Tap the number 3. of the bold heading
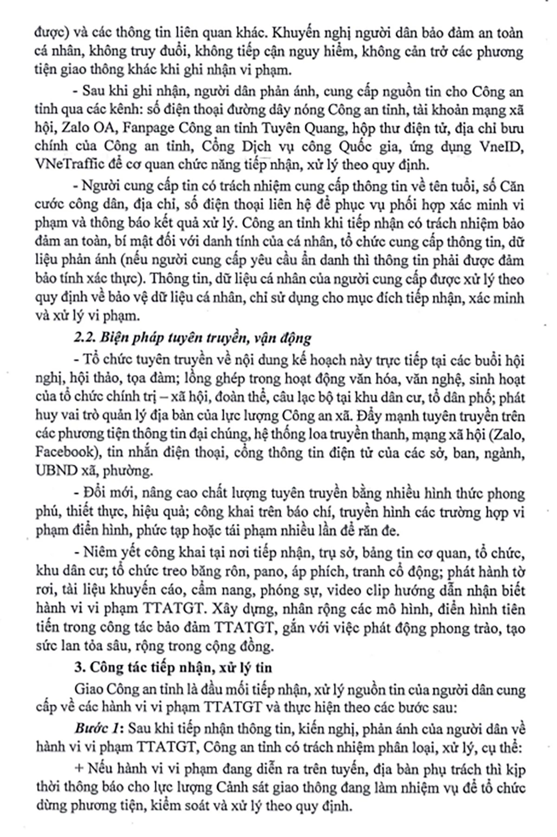click(79, 668)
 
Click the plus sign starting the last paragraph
click(78, 769)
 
